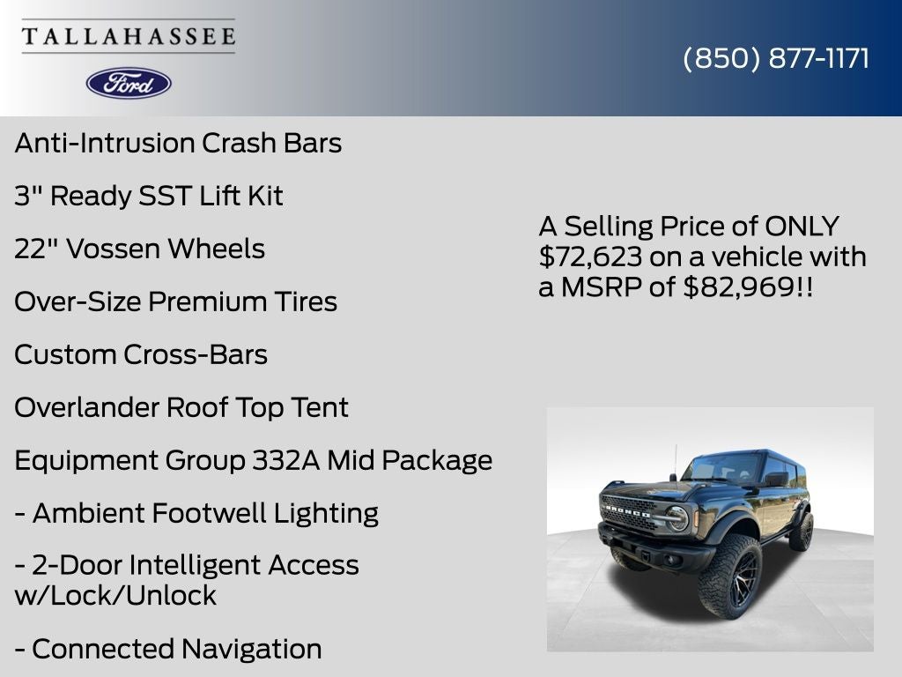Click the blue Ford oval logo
129,83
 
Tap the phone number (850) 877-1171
776,58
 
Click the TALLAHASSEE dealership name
129,36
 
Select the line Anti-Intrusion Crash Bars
178,143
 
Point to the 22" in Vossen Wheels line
36,249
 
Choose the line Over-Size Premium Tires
175,301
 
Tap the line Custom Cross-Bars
141,354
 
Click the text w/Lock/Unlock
115,595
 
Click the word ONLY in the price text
802,227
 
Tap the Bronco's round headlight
676,517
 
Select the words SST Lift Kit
211,196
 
